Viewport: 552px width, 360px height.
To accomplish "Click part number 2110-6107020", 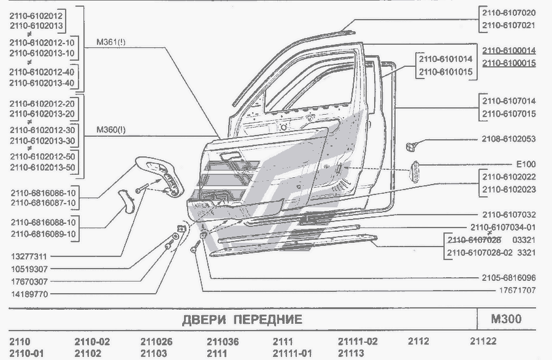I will tap(508, 13).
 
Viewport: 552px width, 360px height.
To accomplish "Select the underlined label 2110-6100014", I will tap(508, 50).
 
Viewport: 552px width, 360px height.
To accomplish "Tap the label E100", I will tap(525, 164).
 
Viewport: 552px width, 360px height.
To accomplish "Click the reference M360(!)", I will tap(111, 130).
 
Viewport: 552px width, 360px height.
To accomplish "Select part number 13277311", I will tap(30, 256).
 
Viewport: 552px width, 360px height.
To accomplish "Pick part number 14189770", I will tap(30, 294).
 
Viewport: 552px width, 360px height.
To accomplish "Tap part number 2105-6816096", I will tap(508, 277).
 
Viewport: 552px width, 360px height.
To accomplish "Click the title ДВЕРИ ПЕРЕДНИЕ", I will tap(242, 320).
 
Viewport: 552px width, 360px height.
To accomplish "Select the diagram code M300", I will tap(506, 319).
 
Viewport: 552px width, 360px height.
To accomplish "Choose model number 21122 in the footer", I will tap(483, 342).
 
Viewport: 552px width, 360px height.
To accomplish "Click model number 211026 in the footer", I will tap(156, 342).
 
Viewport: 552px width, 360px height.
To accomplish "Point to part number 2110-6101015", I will tap(445, 72).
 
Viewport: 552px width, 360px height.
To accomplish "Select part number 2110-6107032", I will tap(508, 215).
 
